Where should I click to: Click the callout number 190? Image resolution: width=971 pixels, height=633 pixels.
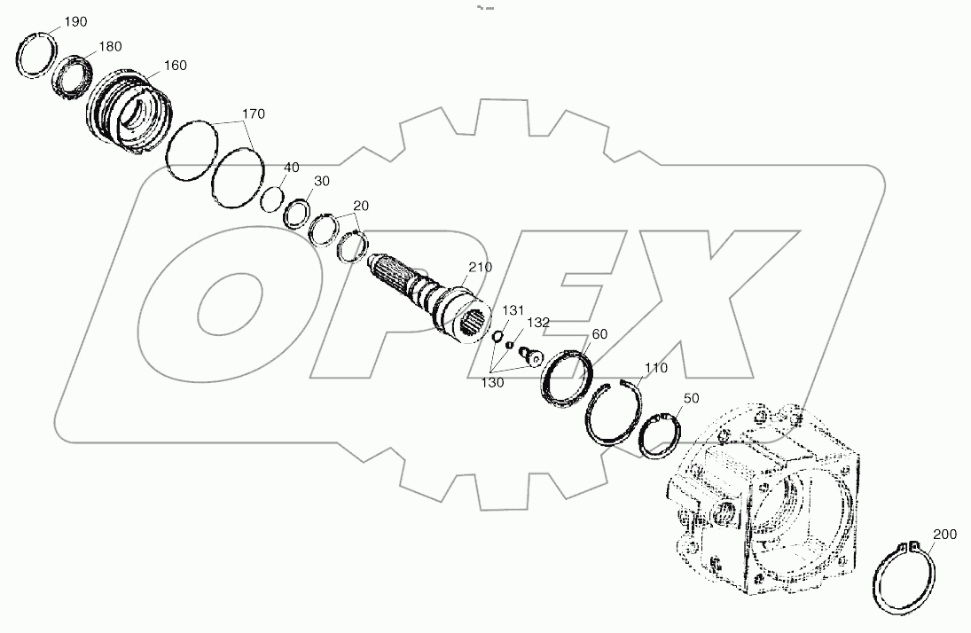tap(75, 22)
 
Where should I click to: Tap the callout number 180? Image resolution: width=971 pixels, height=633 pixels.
tap(110, 46)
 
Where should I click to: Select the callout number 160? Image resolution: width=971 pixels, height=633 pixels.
tap(175, 66)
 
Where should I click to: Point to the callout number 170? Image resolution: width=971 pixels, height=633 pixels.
tap(254, 114)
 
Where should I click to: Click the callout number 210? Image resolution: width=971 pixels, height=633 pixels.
tap(481, 267)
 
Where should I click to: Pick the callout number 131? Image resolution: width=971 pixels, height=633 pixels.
tap(514, 310)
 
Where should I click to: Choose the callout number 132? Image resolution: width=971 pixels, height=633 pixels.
tap(539, 322)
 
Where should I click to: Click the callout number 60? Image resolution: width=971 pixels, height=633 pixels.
tap(599, 334)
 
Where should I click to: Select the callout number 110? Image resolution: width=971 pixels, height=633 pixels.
tap(656, 367)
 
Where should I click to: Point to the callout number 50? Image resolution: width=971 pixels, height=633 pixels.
tap(692, 399)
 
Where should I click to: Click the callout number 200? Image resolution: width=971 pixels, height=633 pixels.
tap(944, 535)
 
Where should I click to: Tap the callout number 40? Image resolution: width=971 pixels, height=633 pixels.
tap(292, 167)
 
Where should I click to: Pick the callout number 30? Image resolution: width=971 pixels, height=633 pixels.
tap(321, 181)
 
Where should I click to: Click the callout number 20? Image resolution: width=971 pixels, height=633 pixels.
tap(360, 206)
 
